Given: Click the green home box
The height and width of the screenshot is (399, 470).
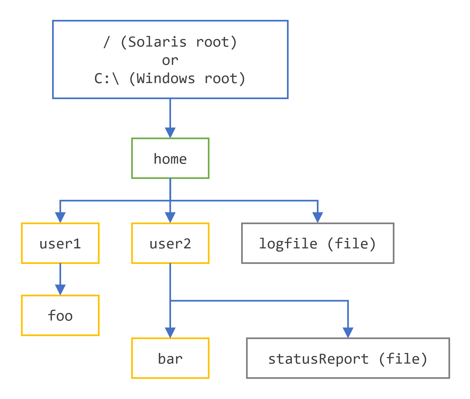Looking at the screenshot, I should point(170,159).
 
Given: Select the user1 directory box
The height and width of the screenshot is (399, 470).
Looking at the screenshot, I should point(60,243).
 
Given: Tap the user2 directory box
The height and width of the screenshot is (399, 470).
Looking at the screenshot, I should point(170,243).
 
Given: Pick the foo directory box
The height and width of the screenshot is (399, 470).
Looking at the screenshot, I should point(60,315).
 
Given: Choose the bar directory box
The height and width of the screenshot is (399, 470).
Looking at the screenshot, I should point(170,358).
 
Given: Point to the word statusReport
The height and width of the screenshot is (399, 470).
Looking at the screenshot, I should point(318,359).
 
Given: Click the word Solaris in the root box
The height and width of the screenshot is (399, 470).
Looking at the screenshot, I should point(157,42).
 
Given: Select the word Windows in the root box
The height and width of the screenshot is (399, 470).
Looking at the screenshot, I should point(166,79).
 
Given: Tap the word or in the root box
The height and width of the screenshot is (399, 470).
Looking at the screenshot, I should point(170,60).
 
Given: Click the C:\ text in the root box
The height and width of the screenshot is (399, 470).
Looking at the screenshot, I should point(107,79).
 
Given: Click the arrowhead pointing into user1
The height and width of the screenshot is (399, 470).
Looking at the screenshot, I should point(60,217).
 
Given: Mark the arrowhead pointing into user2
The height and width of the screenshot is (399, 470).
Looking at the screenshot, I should point(170,217).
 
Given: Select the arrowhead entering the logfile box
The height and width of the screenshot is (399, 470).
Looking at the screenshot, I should point(318,217).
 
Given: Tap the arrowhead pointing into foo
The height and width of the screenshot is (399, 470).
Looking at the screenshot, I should point(60,289).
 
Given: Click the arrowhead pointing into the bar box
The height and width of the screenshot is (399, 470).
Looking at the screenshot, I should point(170,332).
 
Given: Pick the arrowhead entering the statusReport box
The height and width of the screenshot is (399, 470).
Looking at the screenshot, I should point(348,332).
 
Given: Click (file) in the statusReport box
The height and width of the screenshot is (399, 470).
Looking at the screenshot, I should point(403,359).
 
